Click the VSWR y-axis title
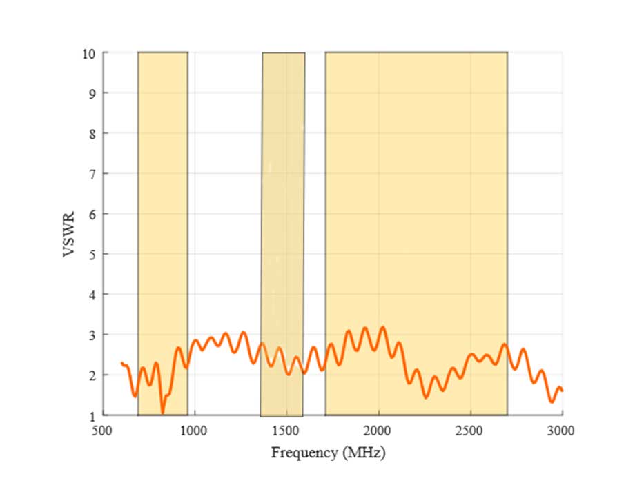click(69, 235)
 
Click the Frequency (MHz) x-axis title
click(328, 453)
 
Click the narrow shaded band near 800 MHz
click(163, 207)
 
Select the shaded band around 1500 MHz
click(283, 207)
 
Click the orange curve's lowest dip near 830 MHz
click(163, 412)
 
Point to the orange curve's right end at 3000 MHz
click(562, 391)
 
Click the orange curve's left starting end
click(121, 363)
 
